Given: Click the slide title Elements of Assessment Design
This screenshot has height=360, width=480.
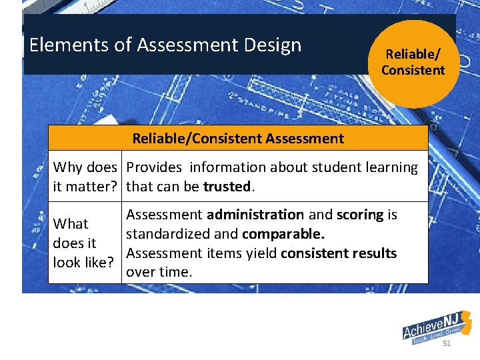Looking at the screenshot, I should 165,45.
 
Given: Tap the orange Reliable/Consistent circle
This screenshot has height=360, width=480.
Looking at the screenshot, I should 413,63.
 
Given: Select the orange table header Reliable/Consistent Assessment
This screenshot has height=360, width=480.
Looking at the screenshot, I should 238,139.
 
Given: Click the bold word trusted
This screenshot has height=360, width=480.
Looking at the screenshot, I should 227,187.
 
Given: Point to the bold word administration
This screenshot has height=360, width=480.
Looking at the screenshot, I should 255,215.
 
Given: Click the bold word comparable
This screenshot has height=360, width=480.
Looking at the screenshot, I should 283,234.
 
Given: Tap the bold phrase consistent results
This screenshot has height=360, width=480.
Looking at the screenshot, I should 339,253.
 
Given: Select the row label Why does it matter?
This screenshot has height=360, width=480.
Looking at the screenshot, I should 85,177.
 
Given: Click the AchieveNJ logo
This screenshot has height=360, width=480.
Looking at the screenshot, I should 437,327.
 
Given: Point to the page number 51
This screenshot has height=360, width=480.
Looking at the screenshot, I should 447,343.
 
